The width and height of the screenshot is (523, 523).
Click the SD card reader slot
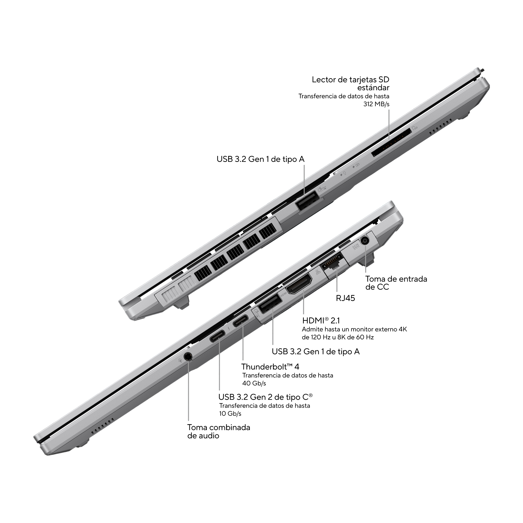click(391, 142)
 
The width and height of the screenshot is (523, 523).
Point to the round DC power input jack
click(365, 240)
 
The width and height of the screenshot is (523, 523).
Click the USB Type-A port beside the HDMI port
click(270, 304)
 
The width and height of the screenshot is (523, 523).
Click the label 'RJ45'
click(345, 298)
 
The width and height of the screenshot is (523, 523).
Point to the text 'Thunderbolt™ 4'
click(270, 367)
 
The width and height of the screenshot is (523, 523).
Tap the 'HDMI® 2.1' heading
click(321, 321)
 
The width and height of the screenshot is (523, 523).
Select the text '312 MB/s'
click(376, 104)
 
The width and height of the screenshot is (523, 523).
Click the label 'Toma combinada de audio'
click(219, 431)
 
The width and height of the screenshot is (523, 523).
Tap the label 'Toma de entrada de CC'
click(396, 283)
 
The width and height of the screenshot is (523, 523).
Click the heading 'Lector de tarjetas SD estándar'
click(351, 84)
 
